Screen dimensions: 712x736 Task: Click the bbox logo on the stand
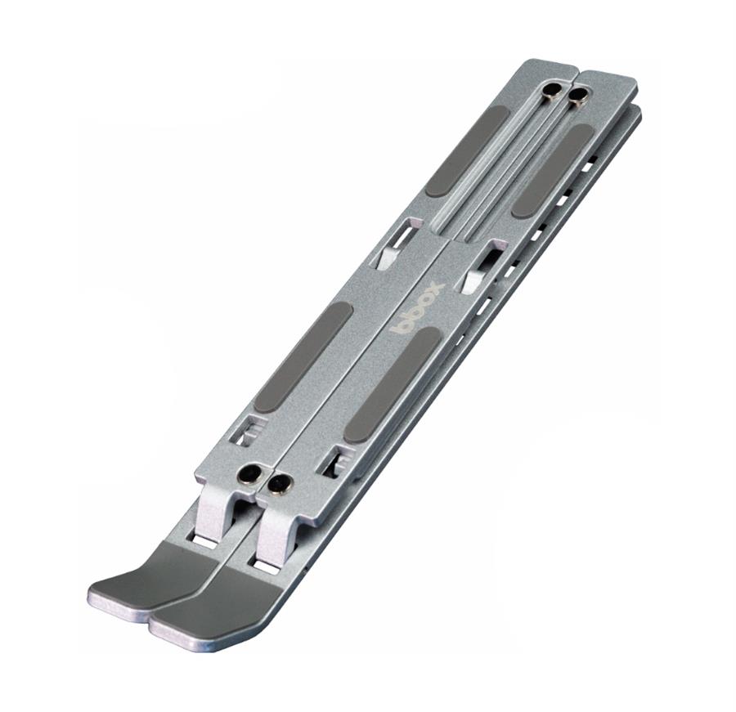(x=418, y=307)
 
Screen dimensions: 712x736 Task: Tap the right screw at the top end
(x=577, y=96)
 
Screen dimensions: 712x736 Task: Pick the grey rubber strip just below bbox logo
(x=392, y=385)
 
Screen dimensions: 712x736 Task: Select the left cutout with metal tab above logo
(x=395, y=245)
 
